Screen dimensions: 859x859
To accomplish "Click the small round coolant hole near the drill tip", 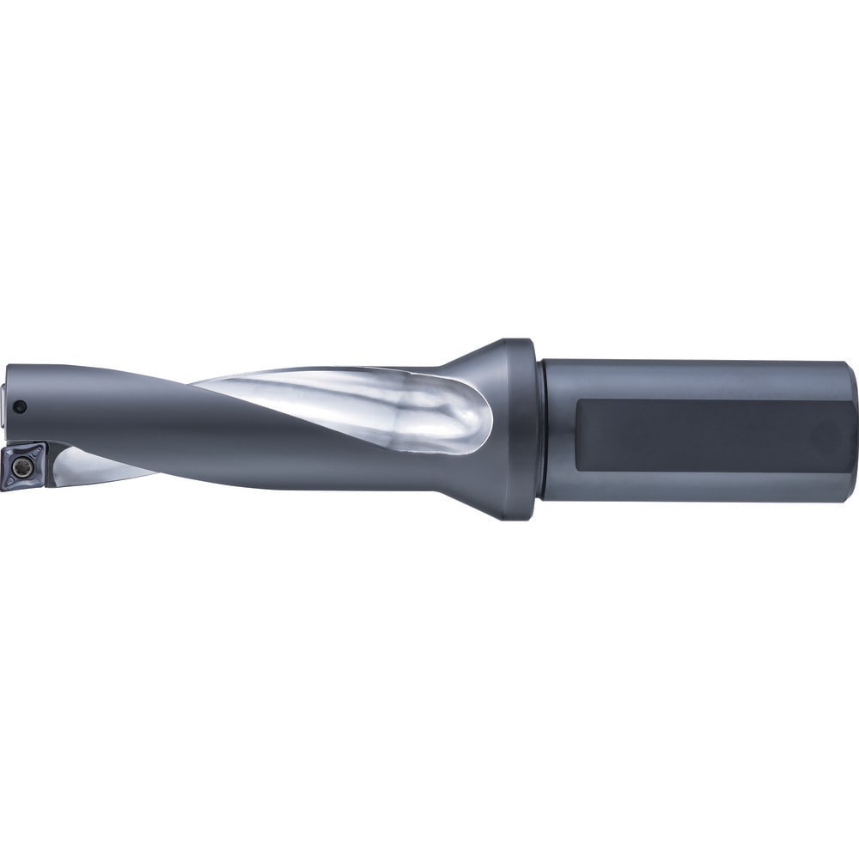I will [x=23, y=406].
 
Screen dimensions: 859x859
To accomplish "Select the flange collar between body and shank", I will [x=520, y=429].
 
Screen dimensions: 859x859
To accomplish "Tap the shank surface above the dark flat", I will [x=687, y=378].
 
